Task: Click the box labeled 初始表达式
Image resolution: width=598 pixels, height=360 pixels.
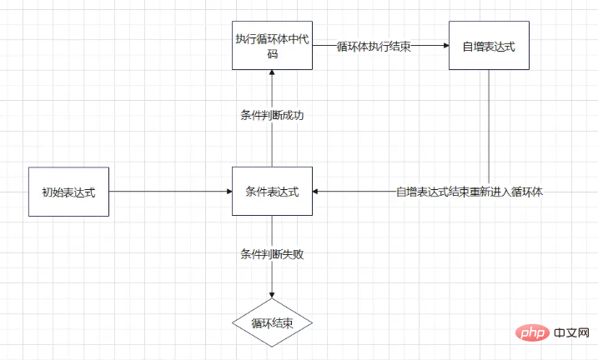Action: [68, 192]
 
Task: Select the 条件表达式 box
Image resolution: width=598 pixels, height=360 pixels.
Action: [271, 192]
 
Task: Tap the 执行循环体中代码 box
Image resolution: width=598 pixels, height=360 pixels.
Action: [271, 45]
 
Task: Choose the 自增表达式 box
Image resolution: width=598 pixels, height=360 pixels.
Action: [489, 45]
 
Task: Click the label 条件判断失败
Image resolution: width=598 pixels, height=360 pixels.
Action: [271, 253]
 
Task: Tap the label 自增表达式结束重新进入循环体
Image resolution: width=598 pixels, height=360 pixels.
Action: [470, 192]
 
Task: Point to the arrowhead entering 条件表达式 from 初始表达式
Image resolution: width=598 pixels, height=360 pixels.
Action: [228, 192]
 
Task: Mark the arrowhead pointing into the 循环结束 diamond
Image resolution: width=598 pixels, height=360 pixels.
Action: [271, 295]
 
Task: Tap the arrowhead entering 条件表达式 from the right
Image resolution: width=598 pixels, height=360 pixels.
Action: [316, 192]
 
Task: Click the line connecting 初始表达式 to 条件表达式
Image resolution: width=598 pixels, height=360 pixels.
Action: [167, 192]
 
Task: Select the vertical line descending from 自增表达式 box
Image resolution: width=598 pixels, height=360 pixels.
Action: [489, 125]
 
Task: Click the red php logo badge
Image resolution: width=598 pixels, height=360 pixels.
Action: [523, 333]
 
